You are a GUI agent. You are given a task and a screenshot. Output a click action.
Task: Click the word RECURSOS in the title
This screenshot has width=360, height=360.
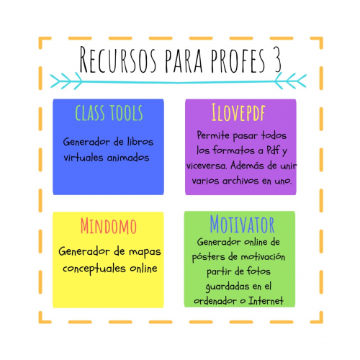pos(118,60)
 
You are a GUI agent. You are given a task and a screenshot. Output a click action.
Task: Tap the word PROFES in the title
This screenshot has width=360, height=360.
pos(238,60)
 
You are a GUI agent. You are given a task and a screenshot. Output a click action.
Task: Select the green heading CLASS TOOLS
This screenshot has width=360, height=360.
pos(109,113)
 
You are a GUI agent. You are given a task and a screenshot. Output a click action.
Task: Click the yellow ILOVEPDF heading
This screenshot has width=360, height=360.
pos(238,112)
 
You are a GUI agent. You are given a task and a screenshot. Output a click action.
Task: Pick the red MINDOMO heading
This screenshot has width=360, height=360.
pos(109,226)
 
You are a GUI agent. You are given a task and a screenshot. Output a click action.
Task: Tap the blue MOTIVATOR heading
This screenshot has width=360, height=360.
pos(242,224)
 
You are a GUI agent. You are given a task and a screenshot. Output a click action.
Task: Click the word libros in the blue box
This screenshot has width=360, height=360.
pos(140,142)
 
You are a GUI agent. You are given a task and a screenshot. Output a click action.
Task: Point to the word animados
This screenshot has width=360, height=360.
pos(128,158)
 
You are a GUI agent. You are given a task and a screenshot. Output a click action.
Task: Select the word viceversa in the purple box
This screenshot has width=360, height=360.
pos(207,166)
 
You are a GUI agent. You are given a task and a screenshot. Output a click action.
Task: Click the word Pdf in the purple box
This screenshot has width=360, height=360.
pos(273,150)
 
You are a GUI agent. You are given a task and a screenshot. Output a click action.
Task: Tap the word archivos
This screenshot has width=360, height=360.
pos(240,181)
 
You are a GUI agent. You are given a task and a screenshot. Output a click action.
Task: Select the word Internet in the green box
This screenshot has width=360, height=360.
pos(266,300)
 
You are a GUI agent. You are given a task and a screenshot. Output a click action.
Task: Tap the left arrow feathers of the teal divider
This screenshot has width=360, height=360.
pos(66,81)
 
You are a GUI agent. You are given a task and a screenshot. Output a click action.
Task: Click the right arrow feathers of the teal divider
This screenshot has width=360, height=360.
pos(291,81)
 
